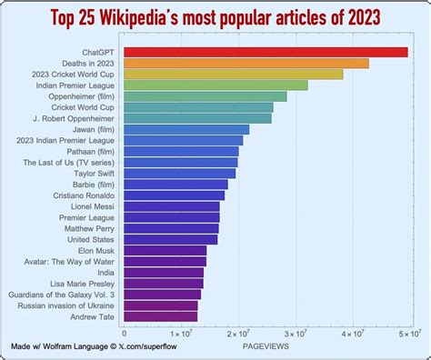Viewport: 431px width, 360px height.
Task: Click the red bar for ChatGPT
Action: click(265, 52)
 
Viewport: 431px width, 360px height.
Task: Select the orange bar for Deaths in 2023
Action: click(246, 64)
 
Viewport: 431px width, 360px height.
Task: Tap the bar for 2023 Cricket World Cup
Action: click(233, 75)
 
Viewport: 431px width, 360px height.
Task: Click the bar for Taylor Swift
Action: click(179, 173)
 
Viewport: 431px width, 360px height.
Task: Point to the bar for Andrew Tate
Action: click(160, 315)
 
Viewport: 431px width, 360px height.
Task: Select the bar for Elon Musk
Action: click(165, 250)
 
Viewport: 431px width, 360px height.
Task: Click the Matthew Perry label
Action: click(89, 228)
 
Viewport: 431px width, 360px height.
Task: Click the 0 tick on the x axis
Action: click(124, 334)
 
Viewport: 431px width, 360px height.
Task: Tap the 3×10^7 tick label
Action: click(295, 334)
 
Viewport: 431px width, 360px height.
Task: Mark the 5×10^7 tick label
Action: click(409, 334)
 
